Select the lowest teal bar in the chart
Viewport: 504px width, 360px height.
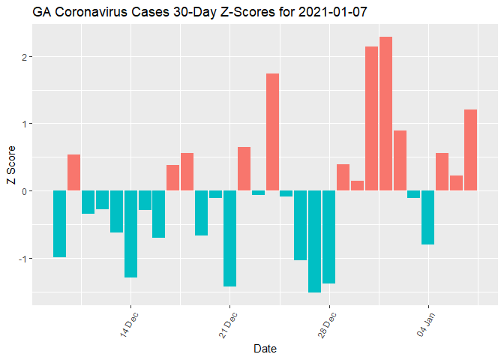point(315,241)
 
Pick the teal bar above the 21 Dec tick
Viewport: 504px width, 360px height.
point(230,238)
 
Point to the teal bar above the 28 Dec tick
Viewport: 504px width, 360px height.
point(329,237)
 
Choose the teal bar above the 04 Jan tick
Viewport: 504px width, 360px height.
point(428,217)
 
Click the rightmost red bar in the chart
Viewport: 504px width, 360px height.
point(471,150)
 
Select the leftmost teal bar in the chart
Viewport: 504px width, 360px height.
point(60,223)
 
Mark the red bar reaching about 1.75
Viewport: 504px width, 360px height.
point(273,132)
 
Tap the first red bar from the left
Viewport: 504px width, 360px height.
point(74,172)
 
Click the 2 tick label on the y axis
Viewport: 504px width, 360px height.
point(24,57)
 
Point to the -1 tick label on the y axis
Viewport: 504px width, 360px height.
point(22,258)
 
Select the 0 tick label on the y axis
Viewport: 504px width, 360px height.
point(24,191)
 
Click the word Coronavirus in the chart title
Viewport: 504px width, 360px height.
point(90,12)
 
